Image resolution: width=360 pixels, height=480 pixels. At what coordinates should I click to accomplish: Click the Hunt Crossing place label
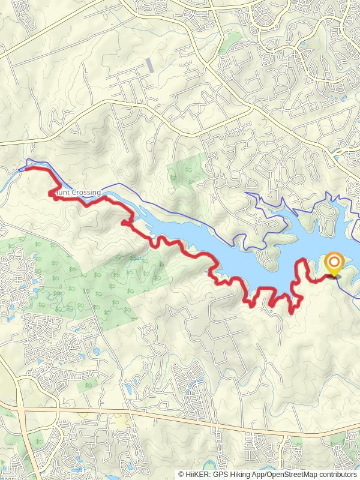pyautogui.click(x=77, y=193)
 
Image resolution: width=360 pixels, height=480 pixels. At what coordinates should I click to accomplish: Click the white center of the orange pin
pyautogui.click(x=334, y=262)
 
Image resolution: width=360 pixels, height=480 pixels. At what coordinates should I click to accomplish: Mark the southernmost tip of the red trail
pyautogui.click(x=292, y=312)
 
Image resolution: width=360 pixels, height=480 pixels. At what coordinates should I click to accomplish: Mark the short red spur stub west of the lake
pyautogui.click(x=124, y=223)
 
